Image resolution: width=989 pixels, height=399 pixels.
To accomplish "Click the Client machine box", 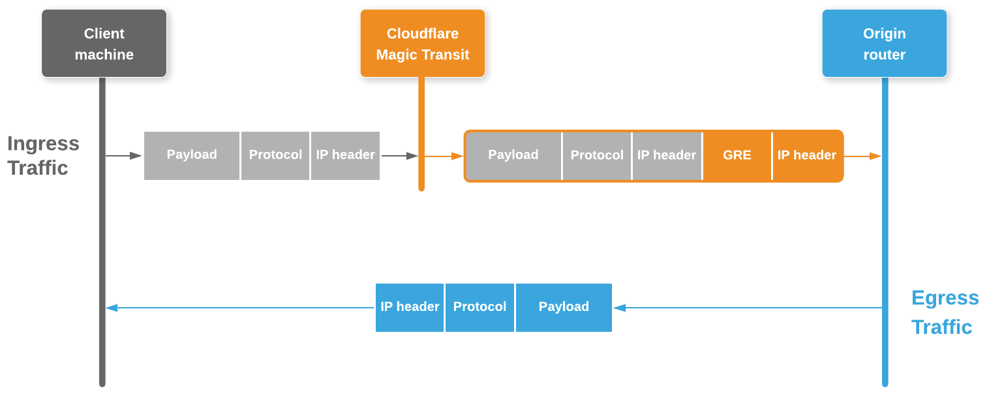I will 104,44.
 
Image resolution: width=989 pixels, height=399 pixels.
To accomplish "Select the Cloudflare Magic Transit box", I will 422,44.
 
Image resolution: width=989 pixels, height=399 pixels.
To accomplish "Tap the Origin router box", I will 884,44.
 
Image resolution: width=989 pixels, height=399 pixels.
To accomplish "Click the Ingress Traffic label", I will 43,155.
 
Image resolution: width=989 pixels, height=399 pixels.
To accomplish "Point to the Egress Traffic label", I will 944,312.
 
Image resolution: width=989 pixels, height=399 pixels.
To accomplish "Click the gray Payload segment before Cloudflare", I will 192,155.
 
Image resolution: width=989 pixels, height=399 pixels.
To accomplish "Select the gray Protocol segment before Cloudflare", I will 275,155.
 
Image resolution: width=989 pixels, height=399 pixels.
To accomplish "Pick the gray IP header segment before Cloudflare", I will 345,155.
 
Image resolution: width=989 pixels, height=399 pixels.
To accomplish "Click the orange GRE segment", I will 737,155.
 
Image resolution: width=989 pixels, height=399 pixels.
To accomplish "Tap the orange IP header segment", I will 806,155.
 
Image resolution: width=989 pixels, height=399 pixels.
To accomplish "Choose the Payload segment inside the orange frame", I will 513,155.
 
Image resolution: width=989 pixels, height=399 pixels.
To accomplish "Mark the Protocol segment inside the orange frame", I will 597,155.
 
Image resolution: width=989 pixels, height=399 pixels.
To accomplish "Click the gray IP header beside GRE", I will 667,155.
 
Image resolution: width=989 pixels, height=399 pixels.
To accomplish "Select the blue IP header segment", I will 410,307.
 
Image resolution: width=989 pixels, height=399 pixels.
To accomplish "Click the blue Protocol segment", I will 479,307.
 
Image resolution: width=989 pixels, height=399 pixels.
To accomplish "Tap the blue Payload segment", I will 564,307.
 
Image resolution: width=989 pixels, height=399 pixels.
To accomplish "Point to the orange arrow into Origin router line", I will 863,156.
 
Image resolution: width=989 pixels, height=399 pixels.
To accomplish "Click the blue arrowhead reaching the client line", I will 112,308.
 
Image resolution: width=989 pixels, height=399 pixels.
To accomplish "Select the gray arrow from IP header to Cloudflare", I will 399,156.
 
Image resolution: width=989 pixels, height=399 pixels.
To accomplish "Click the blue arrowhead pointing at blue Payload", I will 619,308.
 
